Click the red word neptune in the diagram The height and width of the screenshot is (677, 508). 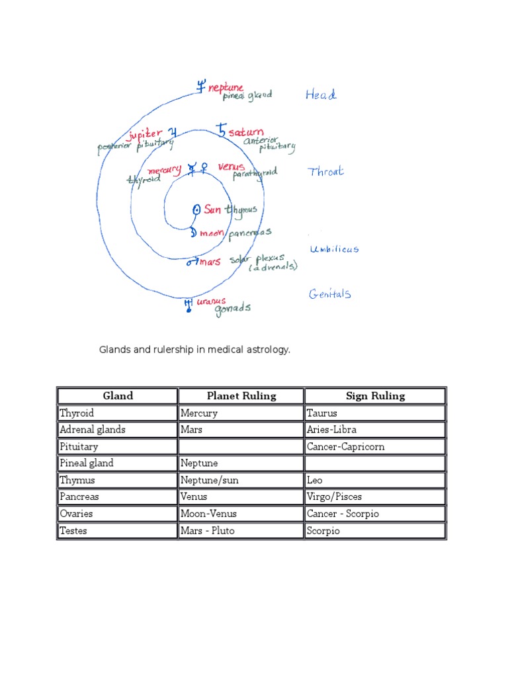tap(226, 87)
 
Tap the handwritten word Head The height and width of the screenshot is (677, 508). tap(321, 95)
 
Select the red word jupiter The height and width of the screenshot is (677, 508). tap(145, 134)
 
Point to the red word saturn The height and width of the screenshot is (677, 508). tap(246, 132)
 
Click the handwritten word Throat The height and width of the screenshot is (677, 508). tap(326, 172)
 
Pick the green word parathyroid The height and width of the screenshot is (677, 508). tap(255, 174)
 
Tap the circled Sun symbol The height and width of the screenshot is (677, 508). tap(196, 210)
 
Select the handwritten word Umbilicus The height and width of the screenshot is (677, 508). tap(334, 249)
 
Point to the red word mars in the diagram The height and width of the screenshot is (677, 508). tap(210, 262)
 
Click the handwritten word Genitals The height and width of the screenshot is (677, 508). tap(329, 294)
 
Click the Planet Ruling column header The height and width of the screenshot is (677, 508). tap(241, 396)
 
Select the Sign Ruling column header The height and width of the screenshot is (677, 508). tap(375, 396)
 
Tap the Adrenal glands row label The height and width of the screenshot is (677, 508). tap(93, 430)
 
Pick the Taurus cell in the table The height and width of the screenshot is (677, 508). tap(322, 413)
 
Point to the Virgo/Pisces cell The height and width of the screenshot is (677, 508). tap(334, 497)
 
